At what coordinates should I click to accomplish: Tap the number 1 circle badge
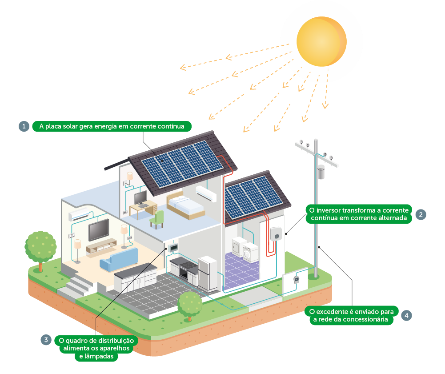pyautogui.click(x=24, y=126)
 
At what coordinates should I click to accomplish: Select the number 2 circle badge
pyautogui.click(x=421, y=214)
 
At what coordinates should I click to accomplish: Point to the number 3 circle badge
pyautogui.click(x=46, y=340)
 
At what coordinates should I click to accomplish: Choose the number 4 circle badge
pyautogui.click(x=406, y=315)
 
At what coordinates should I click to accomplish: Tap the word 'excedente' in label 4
pyautogui.click(x=331, y=311)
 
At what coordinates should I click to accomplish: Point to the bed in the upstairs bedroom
pyautogui.click(x=185, y=206)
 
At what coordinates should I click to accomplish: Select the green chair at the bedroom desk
pyautogui.click(x=158, y=218)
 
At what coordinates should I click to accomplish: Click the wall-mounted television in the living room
pyautogui.click(x=98, y=230)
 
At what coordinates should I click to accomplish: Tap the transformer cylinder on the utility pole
pyautogui.click(x=321, y=172)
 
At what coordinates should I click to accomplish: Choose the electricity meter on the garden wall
pyautogui.click(x=297, y=279)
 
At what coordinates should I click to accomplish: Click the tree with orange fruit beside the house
pyautogui.click(x=40, y=247)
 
